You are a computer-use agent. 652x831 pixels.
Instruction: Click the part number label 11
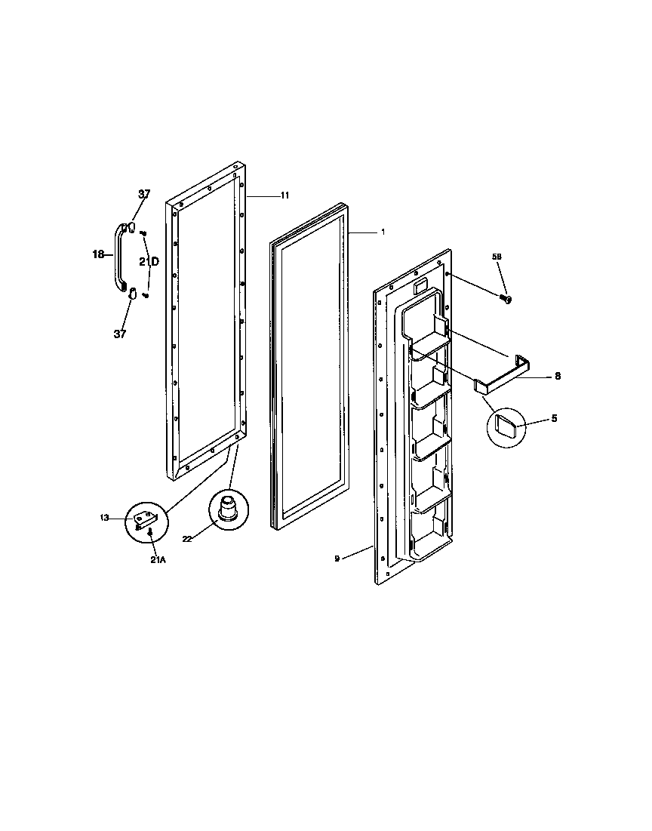point(285,195)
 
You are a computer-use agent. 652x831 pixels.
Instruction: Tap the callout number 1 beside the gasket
point(383,232)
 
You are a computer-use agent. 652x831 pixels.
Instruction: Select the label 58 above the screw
point(497,257)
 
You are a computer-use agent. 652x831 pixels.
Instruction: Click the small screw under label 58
point(506,300)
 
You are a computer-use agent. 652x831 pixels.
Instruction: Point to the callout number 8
point(557,375)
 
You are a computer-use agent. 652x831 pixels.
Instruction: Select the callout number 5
point(554,417)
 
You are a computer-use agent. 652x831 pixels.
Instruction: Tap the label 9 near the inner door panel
point(337,559)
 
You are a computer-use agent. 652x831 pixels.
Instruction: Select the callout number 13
point(104,518)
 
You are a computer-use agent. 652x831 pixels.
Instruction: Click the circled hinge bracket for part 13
point(145,520)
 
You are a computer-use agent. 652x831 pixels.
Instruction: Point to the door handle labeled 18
point(119,257)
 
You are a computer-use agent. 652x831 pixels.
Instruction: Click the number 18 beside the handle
point(98,255)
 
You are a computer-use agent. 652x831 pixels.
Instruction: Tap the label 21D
point(149,261)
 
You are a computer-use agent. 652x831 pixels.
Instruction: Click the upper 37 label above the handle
point(144,195)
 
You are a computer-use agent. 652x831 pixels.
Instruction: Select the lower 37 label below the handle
point(120,334)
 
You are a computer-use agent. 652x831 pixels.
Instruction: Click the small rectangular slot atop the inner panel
point(420,285)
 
